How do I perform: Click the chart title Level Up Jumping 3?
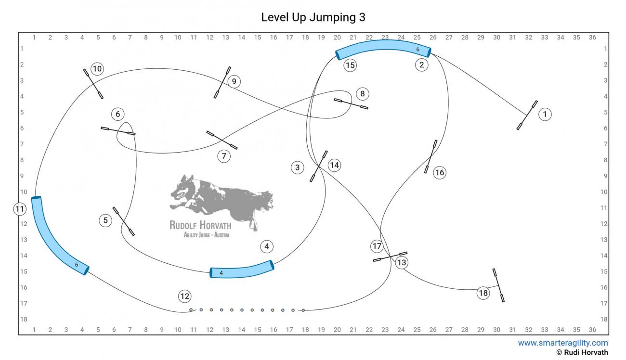[x=313, y=17]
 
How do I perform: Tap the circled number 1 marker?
[x=545, y=115]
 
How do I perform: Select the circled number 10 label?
[x=97, y=69]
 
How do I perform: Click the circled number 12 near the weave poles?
[x=184, y=296]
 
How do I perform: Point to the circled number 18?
[x=483, y=293]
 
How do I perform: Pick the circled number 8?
[x=363, y=93]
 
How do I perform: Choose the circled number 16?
[x=440, y=172]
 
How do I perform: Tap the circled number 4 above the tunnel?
[x=266, y=247]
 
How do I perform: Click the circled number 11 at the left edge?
[x=19, y=209]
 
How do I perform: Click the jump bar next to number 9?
[x=222, y=82]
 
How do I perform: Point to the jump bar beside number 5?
[x=124, y=221]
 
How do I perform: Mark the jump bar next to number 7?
[x=222, y=140]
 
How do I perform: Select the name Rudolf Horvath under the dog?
[x=200, y=225]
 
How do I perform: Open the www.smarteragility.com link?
[x=562, y=343]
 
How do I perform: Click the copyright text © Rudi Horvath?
[x=582, y=353]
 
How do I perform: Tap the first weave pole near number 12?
[x=191, y=310]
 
